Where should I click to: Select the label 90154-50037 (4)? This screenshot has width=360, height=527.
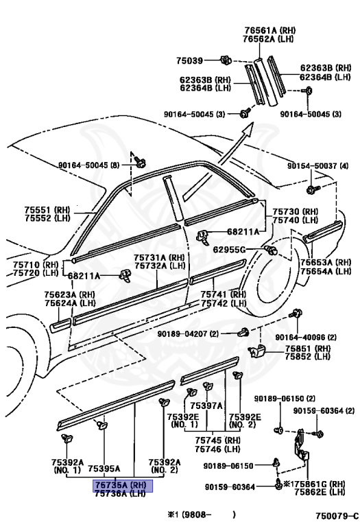pyautogui.click(x=317, y=166)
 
